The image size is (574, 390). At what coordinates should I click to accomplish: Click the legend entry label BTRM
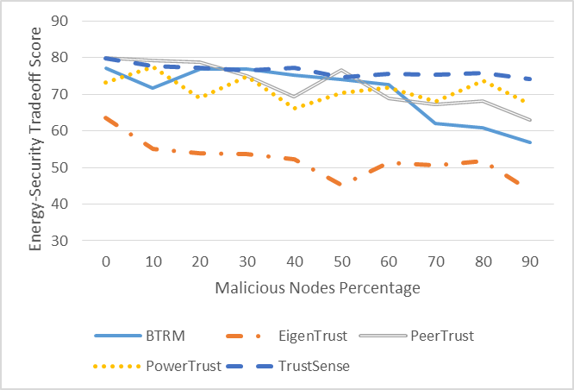165,336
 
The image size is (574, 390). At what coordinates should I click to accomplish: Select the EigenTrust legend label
313,336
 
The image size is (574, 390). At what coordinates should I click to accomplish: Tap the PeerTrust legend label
442,336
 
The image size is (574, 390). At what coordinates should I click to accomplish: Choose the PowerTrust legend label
184,366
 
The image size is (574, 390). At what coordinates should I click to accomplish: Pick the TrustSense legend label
314,366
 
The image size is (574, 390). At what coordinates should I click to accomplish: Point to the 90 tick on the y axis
59,21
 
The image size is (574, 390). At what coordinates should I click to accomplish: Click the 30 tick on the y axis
59,241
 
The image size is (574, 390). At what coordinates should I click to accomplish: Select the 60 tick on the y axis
59,131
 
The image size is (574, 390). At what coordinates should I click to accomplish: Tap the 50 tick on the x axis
342,261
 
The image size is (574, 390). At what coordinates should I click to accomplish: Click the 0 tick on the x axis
106,261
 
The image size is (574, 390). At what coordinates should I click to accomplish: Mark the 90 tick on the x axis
530,261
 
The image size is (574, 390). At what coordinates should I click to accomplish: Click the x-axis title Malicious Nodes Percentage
317,288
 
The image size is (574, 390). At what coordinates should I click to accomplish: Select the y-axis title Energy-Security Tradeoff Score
35,139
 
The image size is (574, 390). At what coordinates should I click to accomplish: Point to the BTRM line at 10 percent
153,88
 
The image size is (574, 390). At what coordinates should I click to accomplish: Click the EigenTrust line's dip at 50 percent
341,184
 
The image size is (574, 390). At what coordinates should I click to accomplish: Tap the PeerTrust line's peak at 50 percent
341,69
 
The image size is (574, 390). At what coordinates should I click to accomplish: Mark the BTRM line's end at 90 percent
530,142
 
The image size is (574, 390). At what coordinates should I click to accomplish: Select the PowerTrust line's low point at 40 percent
294,108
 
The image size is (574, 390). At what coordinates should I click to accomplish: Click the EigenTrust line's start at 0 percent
106,117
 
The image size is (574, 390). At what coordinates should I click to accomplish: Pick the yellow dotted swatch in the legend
117,366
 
